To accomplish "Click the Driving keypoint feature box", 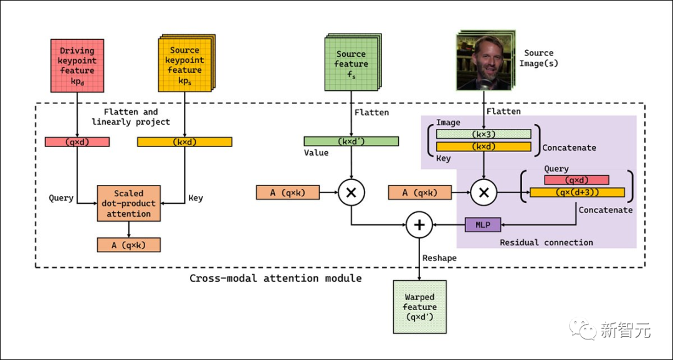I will click(77, 65).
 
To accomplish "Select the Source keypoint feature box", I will click(184, 65).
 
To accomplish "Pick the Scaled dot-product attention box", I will click(128, 203).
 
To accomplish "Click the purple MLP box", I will click(483, 225).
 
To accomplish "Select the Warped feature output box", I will click(419, 306).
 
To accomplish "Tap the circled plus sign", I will click(419, 225).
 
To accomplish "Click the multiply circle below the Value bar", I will click(351, 193).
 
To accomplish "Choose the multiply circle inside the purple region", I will click(483, 193).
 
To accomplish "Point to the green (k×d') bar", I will click(351, 141).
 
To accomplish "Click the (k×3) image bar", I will click(484, 134).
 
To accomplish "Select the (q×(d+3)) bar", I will click(577, 192).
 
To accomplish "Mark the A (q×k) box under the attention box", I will click(128, 245).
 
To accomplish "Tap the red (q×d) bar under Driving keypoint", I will click(77, 142).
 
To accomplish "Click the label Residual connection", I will click(547, 242).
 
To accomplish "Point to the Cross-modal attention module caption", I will click(275, 278).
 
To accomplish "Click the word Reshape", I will click(439, 258).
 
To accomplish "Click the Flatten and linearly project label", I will click(131, 117).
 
